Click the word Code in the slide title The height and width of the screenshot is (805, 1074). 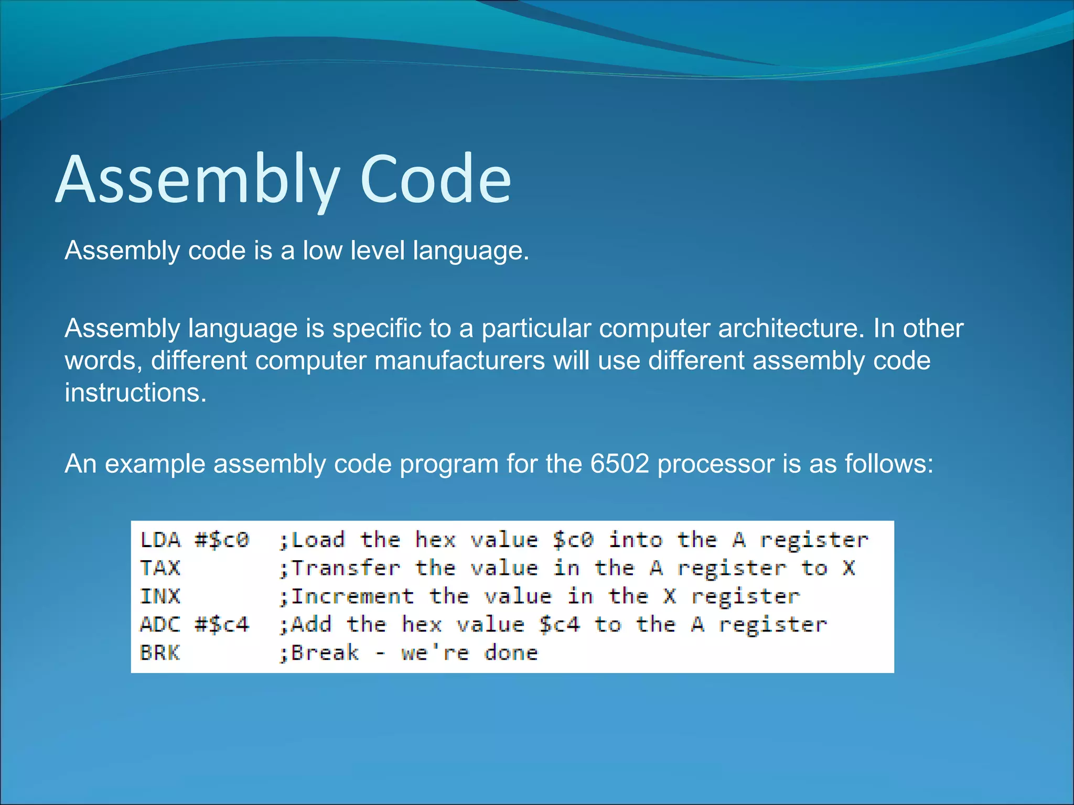[435, 179]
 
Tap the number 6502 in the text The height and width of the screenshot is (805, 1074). [619, 464]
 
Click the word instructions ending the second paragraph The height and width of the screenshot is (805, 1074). [135, 393]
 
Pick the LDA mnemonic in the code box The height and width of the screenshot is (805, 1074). [160, 540]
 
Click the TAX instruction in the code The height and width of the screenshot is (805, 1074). [160, 568]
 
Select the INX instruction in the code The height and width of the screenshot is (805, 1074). [160, 596]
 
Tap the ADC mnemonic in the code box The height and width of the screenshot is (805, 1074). [160, 625]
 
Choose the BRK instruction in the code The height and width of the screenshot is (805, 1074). [160, 653]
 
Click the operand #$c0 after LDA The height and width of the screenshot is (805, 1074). [222, 540]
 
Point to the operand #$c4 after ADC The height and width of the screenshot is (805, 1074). [222, 625]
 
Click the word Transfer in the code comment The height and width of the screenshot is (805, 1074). [346, 568]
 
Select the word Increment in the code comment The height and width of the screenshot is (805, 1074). [352, 596]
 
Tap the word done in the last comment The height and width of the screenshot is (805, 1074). [511, 653]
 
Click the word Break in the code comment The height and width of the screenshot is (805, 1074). [325, 653]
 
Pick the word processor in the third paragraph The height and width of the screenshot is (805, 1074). [716, 464]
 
